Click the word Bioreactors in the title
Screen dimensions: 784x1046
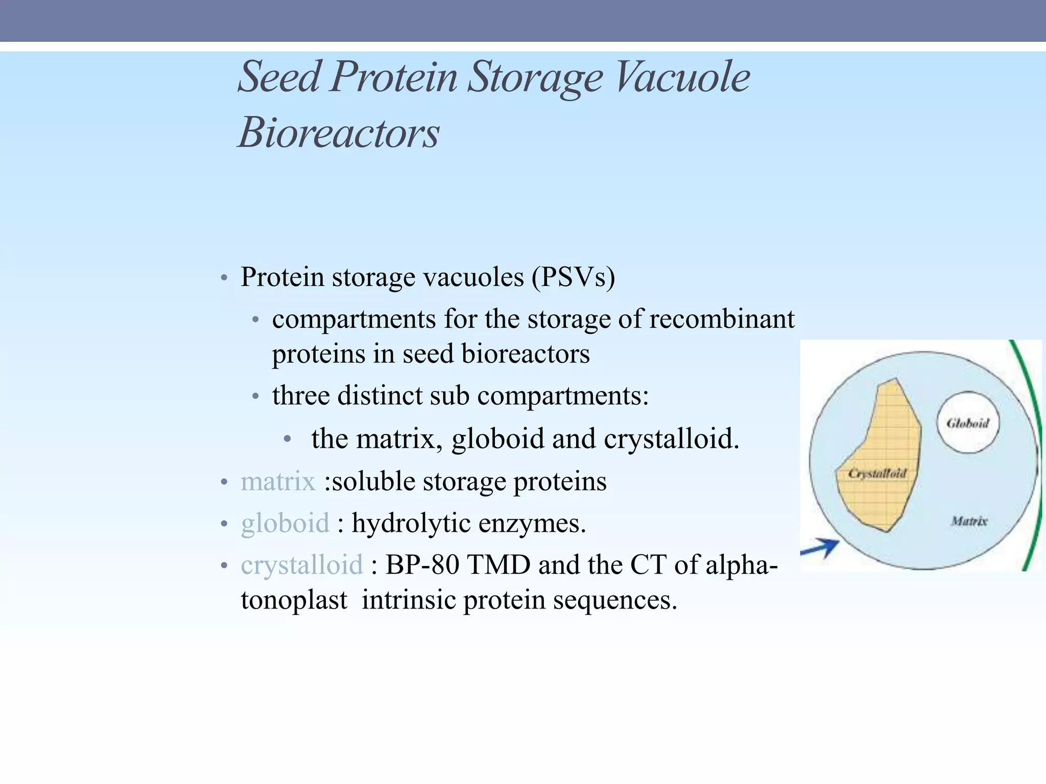339,133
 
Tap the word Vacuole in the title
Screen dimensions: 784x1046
683,78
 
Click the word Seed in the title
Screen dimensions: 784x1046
280,78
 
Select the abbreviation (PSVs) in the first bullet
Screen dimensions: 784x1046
573,277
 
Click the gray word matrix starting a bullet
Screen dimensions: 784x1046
278,482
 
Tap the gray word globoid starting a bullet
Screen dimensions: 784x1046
285,524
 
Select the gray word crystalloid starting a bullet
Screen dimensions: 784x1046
302,566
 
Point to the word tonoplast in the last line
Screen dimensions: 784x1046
294,600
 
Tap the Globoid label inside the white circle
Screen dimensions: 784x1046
967,423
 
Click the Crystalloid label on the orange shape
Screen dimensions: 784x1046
877,474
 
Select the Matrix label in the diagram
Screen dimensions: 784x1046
969,521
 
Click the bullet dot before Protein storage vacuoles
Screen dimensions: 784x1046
223,279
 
